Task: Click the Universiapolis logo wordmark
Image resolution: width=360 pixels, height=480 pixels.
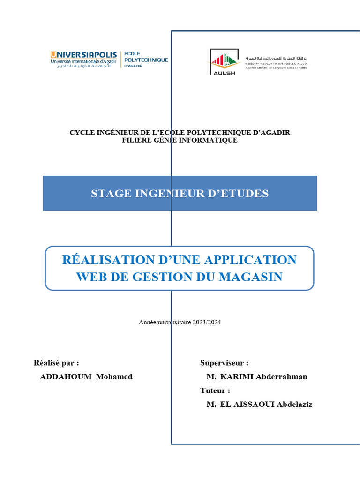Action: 83,55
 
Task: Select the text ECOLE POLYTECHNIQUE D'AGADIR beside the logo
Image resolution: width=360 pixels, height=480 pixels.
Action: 146,60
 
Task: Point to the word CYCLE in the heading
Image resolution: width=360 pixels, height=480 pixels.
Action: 81,132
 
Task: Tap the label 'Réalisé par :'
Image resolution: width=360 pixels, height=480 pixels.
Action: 56,362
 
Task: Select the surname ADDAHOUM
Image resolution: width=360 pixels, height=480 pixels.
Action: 66,376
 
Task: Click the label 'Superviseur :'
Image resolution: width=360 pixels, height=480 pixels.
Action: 224,362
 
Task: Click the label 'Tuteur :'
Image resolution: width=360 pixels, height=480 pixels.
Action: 215,390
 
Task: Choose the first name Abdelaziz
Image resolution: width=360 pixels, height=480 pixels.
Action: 294,404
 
